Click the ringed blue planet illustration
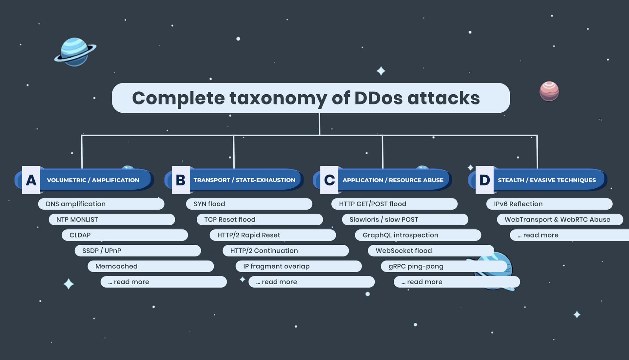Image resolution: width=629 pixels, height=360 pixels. tap(75, 52)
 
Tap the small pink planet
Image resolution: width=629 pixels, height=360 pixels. tap(549, 91)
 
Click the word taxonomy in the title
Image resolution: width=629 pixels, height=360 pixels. tap(278, 98)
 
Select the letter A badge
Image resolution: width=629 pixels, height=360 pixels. tap(31, 180)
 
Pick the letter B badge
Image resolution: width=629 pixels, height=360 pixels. tap(181, 180)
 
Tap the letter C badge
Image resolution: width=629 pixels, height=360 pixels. tap(329, 180)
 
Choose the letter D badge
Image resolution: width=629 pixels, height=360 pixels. tap(484, 180)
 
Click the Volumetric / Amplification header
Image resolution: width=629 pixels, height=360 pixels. tap(93, 180)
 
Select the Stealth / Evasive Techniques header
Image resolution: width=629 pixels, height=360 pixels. tap(547, 180)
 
